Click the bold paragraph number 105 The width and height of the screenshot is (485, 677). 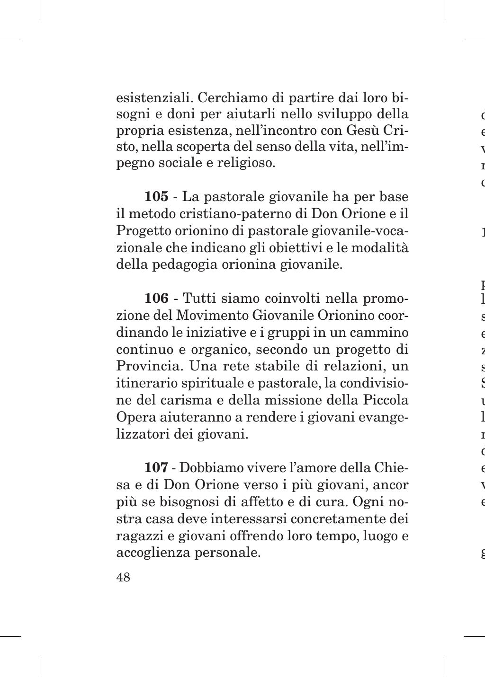tap(156, 196)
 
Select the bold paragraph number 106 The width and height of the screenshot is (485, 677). tap(157, 299)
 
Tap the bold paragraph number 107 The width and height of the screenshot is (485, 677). tap(156, 468)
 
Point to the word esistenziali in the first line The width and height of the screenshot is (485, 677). tap(154, 97)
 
